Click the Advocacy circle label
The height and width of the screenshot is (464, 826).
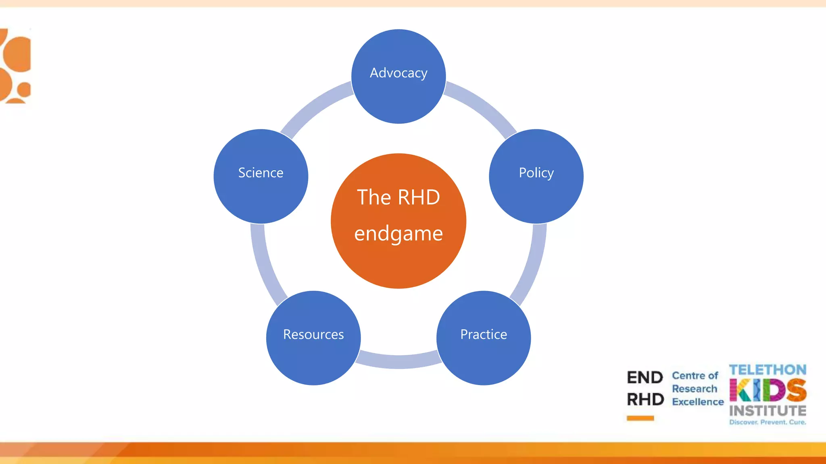pos(398,73)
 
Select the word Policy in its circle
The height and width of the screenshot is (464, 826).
pos(536,173)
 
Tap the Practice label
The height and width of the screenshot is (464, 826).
pos(484,334)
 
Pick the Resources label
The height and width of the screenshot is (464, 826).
pos(313,334)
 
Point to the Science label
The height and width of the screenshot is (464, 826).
pos(261,173)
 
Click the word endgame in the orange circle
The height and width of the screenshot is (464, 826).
pos(398,234)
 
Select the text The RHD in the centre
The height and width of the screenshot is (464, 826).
pos(398,197)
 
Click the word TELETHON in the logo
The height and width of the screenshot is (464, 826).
pos(768,370)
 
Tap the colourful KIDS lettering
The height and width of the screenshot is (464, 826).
pos(768,390)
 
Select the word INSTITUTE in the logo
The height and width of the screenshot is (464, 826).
pos(768,411)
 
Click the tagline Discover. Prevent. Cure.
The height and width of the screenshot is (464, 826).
pos(768,422)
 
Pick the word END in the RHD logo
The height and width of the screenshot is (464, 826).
pos(645,378)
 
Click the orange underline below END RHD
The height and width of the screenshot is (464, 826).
pos(640,418)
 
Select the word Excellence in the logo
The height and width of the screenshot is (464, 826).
pos(698,402)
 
